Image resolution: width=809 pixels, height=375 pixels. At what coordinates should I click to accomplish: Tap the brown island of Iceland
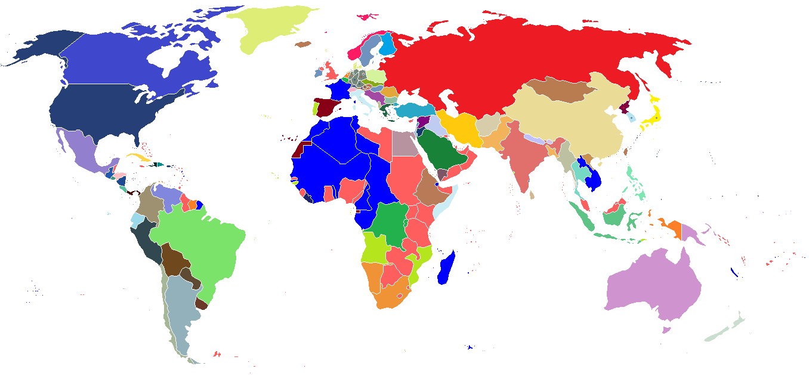click(x=303, y=44)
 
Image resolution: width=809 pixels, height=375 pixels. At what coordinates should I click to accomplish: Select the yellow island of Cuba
click(x=137, y=156)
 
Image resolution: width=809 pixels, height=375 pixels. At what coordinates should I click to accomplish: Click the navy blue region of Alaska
click(x=42, y=48)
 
